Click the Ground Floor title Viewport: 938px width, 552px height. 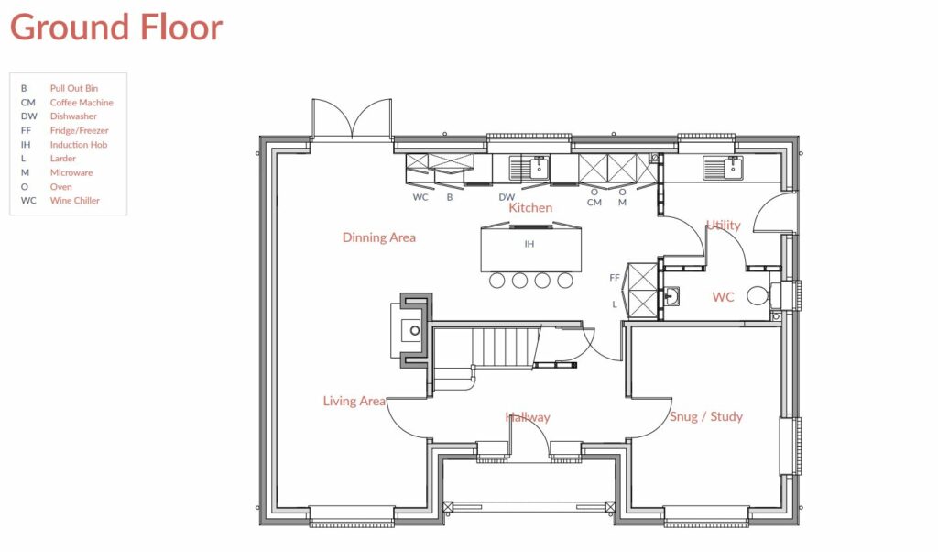pos(116,28)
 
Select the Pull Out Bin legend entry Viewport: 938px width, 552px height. pos(73,88)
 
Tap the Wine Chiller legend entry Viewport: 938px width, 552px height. pos(74,201)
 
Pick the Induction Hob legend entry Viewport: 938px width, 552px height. pos(78,145)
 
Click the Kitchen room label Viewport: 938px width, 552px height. pos(530,208)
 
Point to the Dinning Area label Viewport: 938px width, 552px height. pos(378,237)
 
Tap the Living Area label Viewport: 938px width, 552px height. pos(354,402)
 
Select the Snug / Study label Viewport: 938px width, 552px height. pos(705,416)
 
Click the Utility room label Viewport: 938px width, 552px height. pos(723,226)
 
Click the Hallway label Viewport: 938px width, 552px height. pos(528,417)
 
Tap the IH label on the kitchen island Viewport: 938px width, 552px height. pos(529,245)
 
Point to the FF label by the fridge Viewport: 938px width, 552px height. pos(615,277)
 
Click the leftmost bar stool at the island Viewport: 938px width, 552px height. pos(498,281)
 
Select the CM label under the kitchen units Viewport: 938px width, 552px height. pos(594,203)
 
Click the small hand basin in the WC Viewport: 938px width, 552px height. pos(671,296)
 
